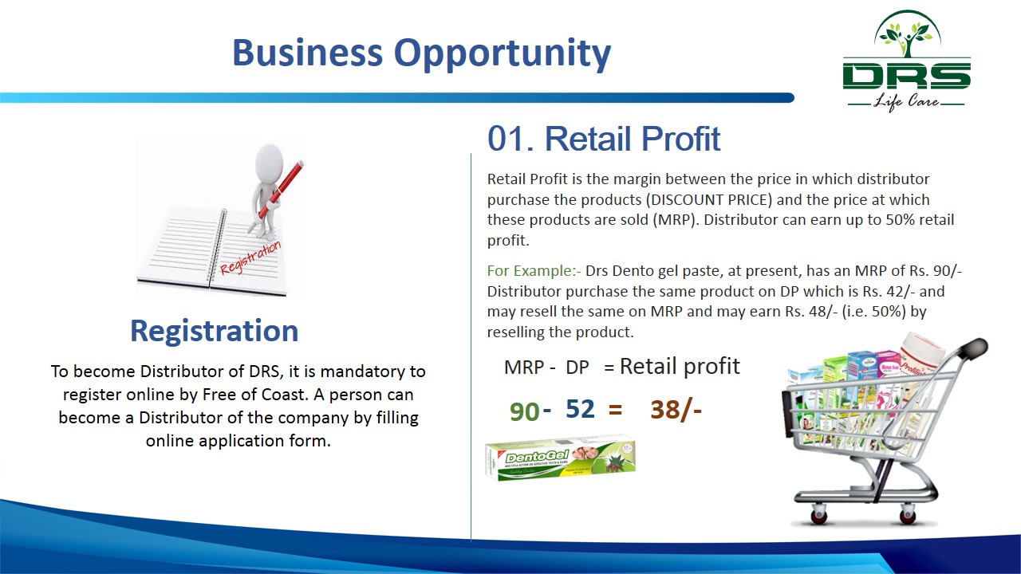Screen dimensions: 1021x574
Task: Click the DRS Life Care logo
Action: [907, 61]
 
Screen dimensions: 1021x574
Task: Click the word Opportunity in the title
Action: [503, 53]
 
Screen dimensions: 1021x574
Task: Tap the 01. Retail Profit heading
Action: [604, 139]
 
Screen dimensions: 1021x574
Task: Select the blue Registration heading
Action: [215, 331]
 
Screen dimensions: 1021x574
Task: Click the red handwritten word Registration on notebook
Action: [250, 258]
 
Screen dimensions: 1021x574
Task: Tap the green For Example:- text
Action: [534, 271]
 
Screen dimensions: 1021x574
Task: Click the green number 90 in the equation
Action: [524, 411]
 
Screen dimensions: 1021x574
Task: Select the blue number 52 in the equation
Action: [580, 409]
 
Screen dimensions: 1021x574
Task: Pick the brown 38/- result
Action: [676, 410]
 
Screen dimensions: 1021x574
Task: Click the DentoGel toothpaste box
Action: [560, 458]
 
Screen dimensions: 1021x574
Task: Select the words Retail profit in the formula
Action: [680, 366]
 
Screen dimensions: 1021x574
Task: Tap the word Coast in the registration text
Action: [282, 395]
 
